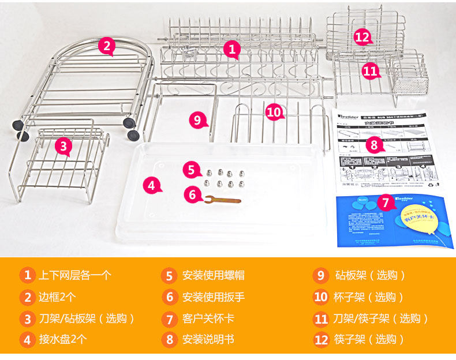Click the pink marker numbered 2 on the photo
pyautogui.click(x=106, y=46)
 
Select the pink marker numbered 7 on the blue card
pyautogui.click(x=386, y=202)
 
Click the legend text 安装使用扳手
pyautogui.click(x=214, y=297)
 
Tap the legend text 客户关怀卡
pyautogui.click(x=208, y=318)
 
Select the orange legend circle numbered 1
pyautogui.click(x=27, y=275)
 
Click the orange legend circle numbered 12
pyautogui.click(x=321, y=339)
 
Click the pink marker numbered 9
pyautogui.click(x=197, y=119)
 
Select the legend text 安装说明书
pyautogui.click(x=208, y=339)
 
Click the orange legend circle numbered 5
pyautogui.click(x=169, y=275)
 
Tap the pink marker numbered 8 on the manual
pyautogui.click(x=374, y=144)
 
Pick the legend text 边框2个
pyautogui.click(x=57, y=297)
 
